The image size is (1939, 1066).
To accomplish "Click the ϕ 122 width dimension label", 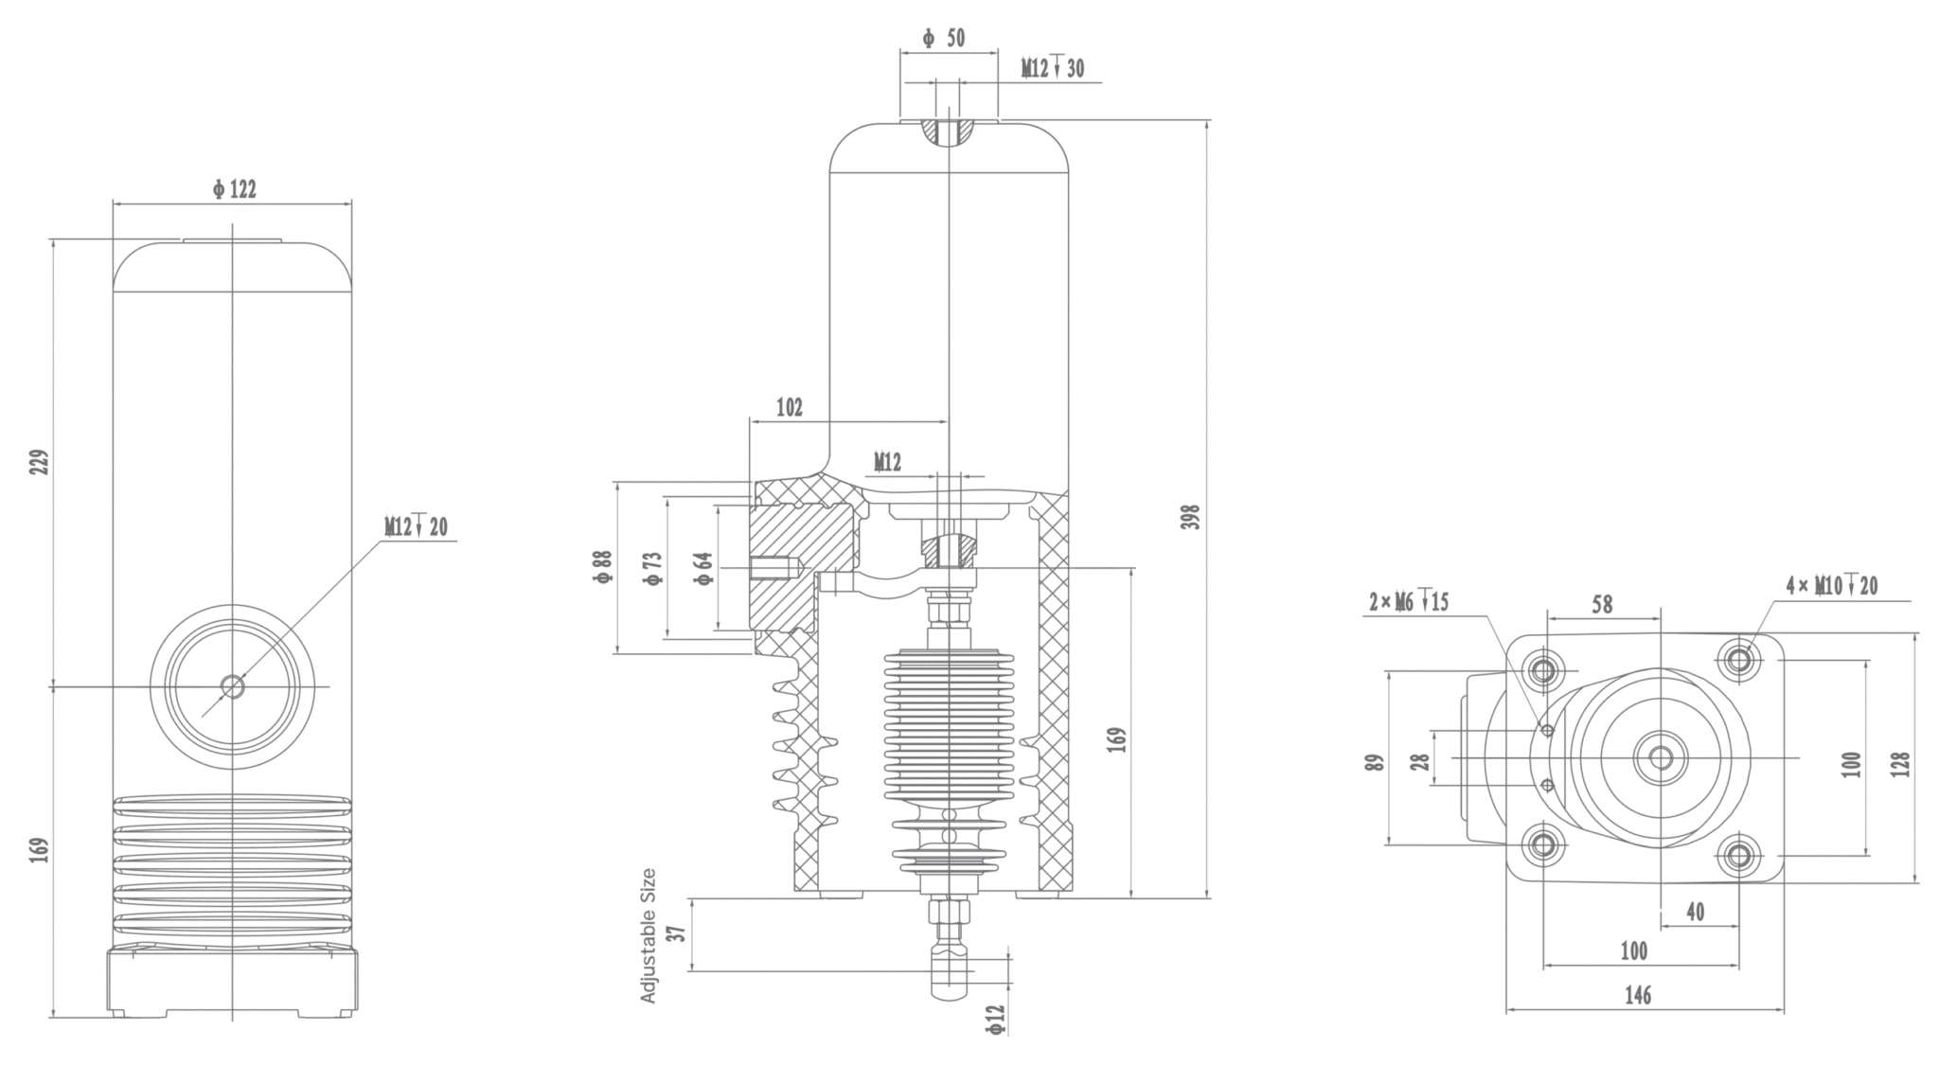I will pos(234,189).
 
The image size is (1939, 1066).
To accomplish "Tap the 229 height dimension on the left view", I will pos(39,462).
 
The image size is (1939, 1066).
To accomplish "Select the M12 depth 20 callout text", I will pos(416,527).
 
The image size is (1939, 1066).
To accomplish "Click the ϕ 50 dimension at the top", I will pos(944,38).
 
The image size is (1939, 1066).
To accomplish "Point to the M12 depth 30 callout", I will pos(1052,68).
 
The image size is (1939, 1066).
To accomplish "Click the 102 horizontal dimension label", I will pos(789,407).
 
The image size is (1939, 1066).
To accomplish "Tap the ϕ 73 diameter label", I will pos(652,567).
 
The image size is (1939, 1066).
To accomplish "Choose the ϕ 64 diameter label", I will pos(703,567).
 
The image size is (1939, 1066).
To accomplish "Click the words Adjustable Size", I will pos(649,935).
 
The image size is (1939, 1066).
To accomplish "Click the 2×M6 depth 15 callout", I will pos(1409,602).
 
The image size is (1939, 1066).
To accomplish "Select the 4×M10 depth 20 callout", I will pos(1832,586).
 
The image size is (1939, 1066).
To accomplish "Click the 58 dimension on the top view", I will pos(1601,604).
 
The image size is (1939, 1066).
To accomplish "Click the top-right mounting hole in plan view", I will pos(1738,658).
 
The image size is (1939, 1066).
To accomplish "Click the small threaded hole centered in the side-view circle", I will pos(232,685).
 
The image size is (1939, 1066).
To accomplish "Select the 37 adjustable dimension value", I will pos(676,933).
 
